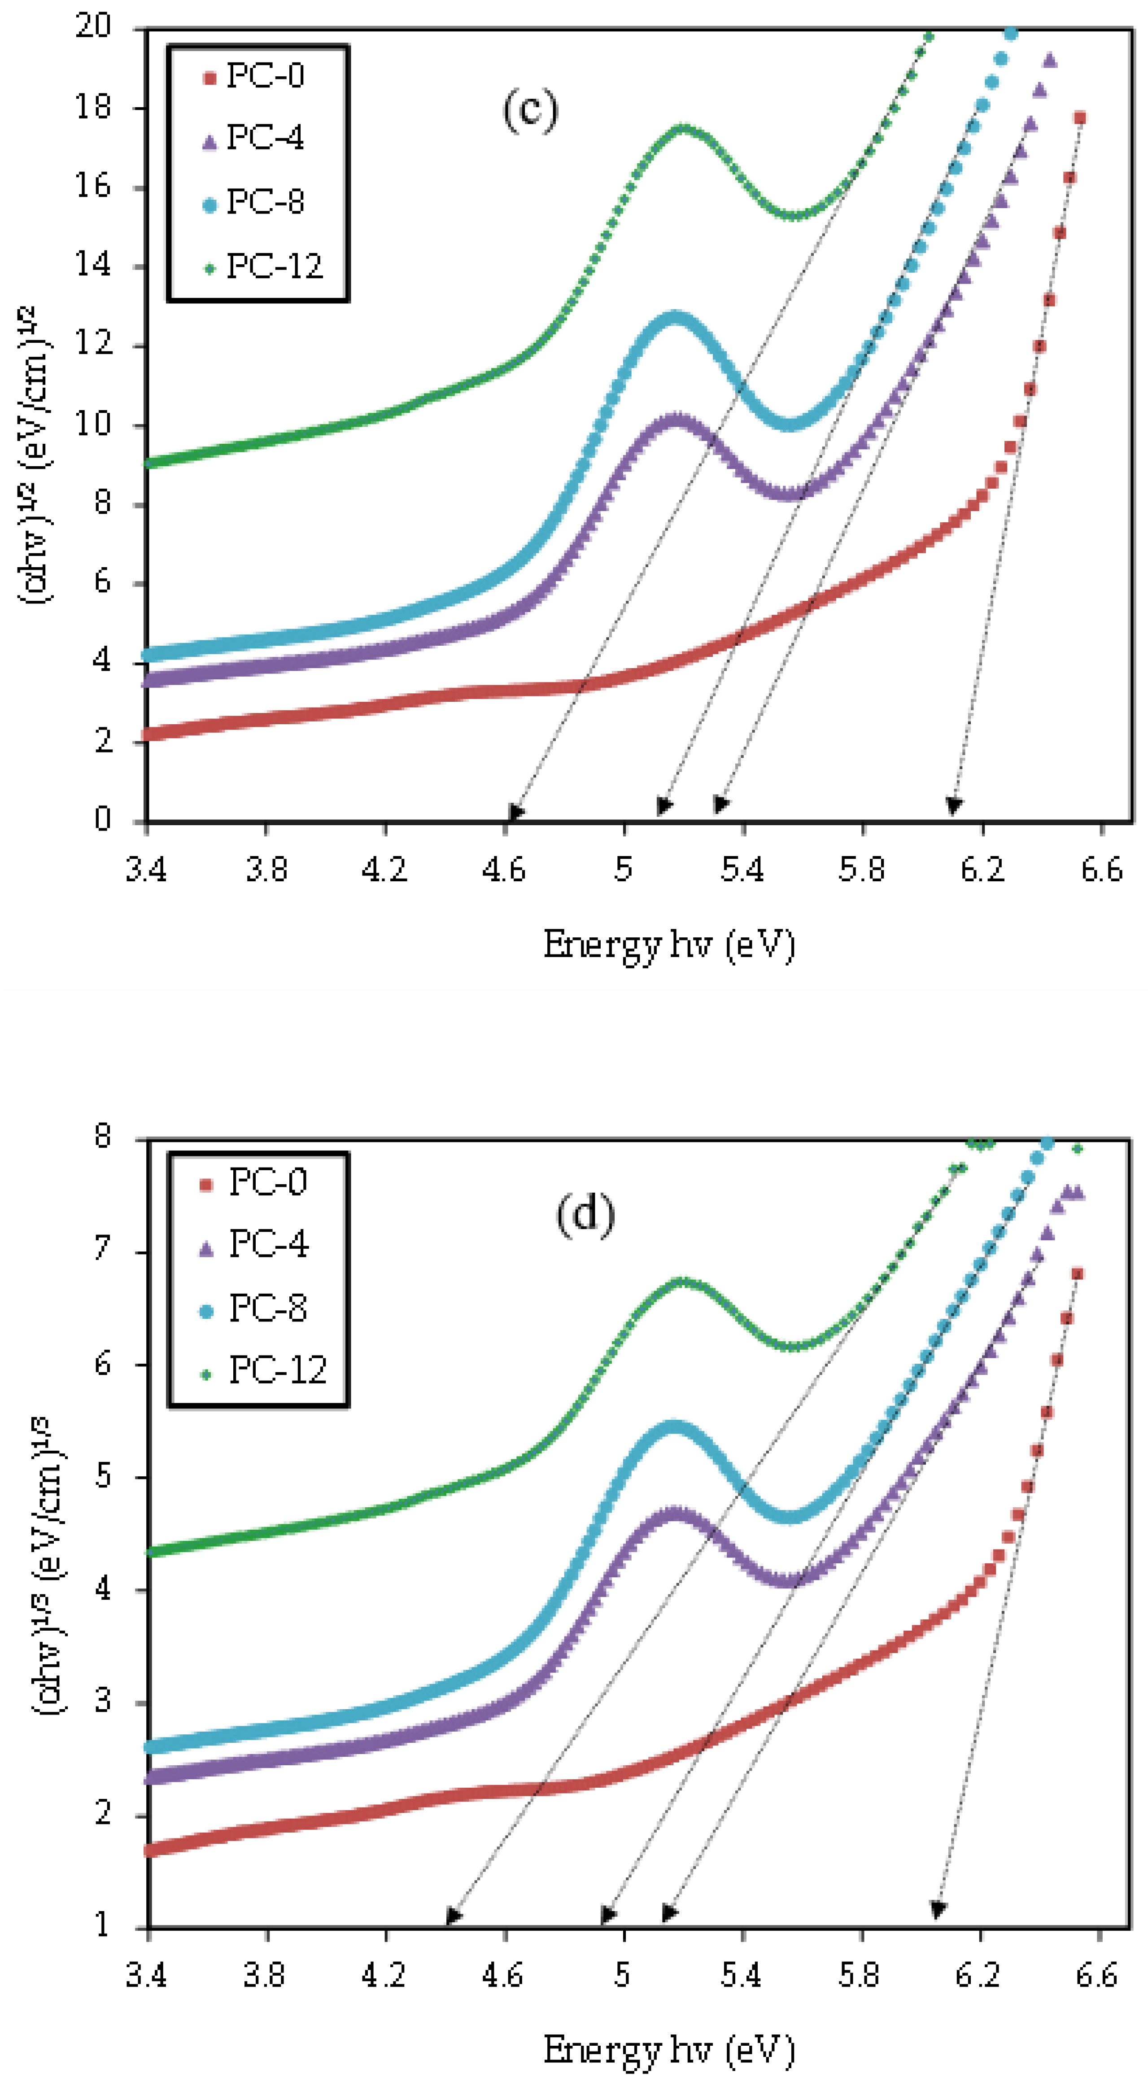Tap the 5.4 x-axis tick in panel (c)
[x=742, y=869]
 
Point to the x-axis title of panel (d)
[x=668, y=2050]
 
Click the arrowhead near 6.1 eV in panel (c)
[x=954, y=805]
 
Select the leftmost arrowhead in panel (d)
[x=454, y=1916]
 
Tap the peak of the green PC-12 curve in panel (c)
[x=683, y=128]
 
